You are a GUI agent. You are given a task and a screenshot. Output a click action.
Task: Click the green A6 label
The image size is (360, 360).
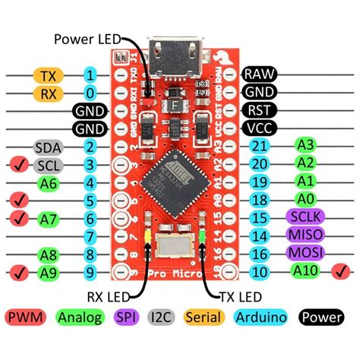click(x=49, y=183)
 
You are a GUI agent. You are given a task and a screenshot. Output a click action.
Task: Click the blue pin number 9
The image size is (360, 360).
click(x=90, y=271)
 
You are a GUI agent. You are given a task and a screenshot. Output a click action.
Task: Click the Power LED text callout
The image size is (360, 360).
click(x=86, y=38)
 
